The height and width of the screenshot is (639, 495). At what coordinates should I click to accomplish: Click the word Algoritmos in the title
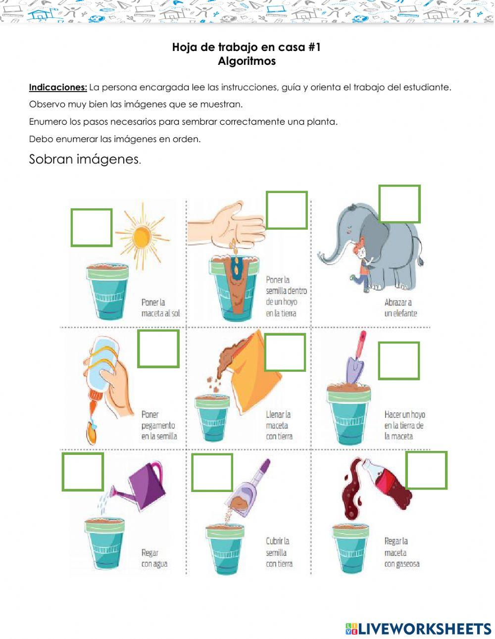click(x=247, y=61)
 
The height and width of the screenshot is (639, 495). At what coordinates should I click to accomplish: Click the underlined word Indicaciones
click(x=58, y=87)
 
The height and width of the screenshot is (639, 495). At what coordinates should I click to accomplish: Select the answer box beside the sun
click(x=92, y=228)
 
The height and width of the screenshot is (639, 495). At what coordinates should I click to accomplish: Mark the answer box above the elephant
click(x=399, y=204)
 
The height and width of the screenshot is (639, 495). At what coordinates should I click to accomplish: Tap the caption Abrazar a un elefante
click(x=400, y=307)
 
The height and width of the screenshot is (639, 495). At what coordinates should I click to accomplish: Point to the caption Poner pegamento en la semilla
click(x=159, y=425)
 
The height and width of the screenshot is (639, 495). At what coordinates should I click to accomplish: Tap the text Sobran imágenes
click(x=85, y=159)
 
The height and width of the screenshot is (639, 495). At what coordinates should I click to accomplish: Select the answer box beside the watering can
click(x=83, y=472)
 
